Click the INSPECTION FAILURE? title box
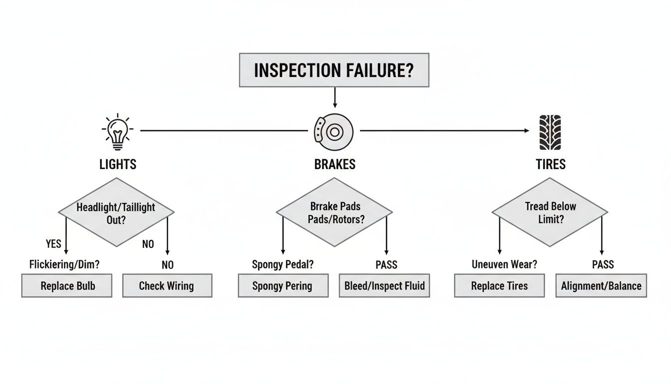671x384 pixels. tap(334, 70)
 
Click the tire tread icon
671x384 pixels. tap(550, 132)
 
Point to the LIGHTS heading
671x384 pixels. tap(118, 164)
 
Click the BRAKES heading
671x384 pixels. tap(335, 164)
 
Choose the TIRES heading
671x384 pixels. tap(551, 164)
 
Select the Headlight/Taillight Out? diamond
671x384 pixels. tap(116, 212)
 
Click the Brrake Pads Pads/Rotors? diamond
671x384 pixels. tap(335, 212)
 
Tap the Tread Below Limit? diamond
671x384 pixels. tap(550, 212)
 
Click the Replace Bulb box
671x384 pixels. tap(67, 286)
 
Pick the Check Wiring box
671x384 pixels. tap(167, 286)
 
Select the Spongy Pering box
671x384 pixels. tap(283, 286)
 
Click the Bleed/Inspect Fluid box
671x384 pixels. tap(384, 286)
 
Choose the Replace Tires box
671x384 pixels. tap(499, 286)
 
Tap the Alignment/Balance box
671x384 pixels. tap(601, 286)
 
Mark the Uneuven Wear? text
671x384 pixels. tap(504, 264)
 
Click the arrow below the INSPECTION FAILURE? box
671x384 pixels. tap(335, 97)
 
